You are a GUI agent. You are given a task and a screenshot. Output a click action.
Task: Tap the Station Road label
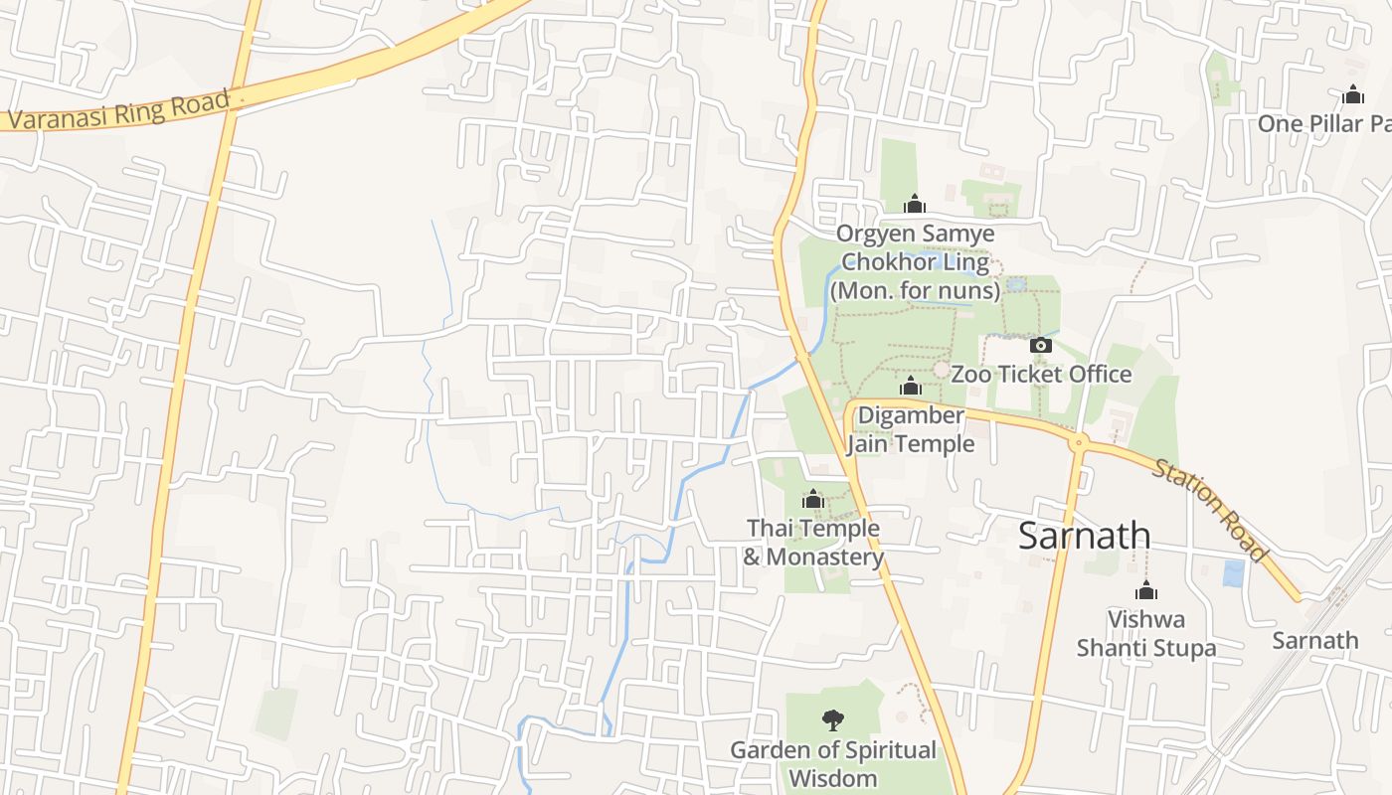[x=1210, y=510]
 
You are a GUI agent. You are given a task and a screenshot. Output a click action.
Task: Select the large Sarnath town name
[x=1084, y=536]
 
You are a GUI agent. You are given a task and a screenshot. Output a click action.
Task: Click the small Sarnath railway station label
[x=1314, y=640]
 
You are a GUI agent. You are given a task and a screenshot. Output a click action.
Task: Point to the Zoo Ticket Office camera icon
[x=1041, y=345]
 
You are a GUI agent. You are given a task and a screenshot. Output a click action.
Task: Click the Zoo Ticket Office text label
[x=1041, y=374]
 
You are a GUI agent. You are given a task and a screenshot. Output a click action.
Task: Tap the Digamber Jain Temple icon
[x=911, y=387]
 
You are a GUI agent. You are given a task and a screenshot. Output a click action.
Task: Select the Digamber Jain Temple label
[x=911, y=429]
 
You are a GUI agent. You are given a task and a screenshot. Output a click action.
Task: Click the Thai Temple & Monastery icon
[x=813, y=499]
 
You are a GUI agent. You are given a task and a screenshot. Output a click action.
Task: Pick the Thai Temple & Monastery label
[x=813, y=543]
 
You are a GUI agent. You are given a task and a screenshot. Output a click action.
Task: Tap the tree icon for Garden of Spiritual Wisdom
[x=833, y=720]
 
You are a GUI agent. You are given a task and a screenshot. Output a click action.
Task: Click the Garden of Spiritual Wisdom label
[x=833, y=763]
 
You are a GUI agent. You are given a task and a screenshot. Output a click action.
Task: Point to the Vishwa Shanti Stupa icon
[x=1146, y=590]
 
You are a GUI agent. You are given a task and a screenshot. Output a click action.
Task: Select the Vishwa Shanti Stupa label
[x=1146, y=634]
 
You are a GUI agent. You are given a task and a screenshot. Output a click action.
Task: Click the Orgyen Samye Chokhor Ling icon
[x=915, y=205]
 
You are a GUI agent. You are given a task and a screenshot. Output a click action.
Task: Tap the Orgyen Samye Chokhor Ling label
[x=915, y=261]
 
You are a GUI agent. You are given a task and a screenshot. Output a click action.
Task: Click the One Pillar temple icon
[x=1352, y=95]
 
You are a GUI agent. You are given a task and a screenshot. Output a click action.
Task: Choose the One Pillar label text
[x=1323, y=123]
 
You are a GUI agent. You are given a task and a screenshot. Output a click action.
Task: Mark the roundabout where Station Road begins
[x=1079, y=441]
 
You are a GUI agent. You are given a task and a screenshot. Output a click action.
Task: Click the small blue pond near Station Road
[x=1233, y=573]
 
